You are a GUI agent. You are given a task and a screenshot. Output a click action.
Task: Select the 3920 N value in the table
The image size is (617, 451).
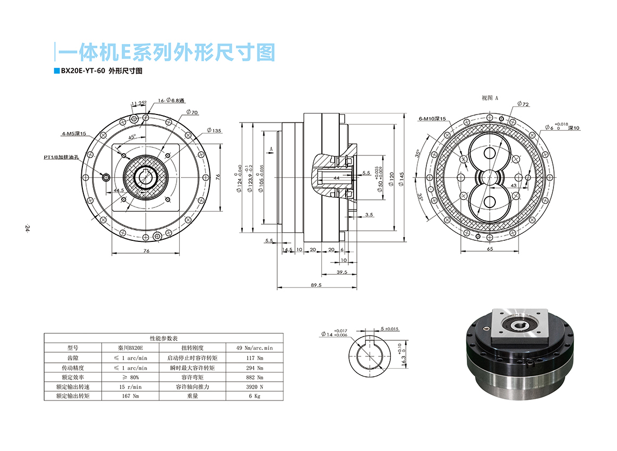tap(255, 387)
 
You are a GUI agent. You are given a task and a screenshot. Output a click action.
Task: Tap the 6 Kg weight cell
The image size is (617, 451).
tap(255, 396)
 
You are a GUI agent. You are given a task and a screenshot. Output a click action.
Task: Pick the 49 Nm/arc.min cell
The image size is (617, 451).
tap(255, 348)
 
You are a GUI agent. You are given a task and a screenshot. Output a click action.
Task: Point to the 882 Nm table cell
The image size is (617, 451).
tap(255, 377)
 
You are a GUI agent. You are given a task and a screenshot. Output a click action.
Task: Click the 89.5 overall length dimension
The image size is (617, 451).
tap(316, 285)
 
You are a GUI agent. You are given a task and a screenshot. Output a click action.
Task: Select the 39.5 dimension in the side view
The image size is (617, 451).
tap(341, 273)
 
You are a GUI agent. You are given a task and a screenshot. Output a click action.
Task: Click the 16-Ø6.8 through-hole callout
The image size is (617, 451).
tap(171, 101)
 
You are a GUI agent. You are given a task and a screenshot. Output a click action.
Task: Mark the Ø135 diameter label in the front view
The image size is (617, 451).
tap(214, 131)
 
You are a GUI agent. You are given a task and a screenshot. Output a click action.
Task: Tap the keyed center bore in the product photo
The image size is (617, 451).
tap(520, 324)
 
